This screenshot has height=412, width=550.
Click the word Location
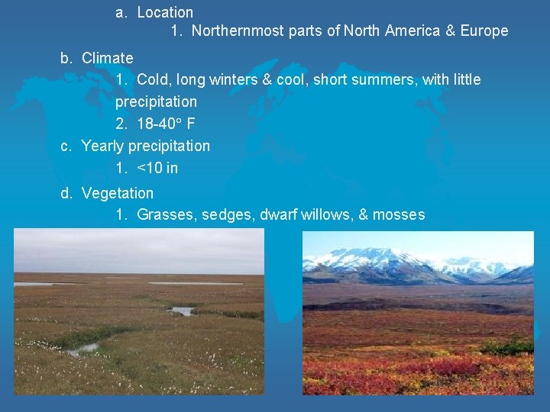pyautogui.click(x=165, y=12)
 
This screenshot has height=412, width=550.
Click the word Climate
pyautogui.click(x=107, y=58)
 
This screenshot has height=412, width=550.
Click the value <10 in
pyautogui.click(x=157, y=168)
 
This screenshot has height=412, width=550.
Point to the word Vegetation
pyautogui.click(x=117, y=194)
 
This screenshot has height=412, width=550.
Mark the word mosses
pyautogui.click(x=398, y=215)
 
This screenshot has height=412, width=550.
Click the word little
pyautogui.click(x=465, y=79)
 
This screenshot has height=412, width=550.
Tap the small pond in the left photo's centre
pyautogui.click(x=181, y=311)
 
